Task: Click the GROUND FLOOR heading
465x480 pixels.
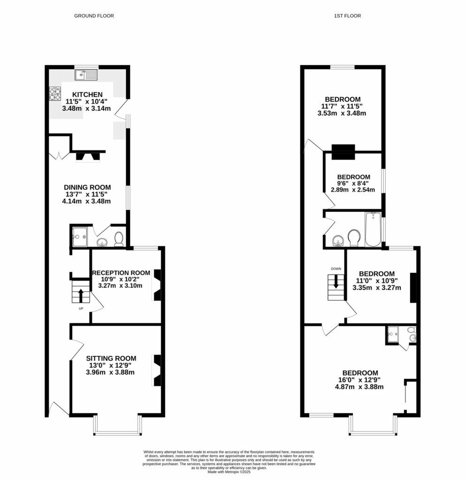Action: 94,16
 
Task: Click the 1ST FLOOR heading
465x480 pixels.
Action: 347,16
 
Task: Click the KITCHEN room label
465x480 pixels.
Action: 87,95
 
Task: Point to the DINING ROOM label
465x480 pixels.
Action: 88,187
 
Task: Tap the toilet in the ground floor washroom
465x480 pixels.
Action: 119,239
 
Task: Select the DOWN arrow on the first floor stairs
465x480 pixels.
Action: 336,282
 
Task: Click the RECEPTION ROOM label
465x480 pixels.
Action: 121,273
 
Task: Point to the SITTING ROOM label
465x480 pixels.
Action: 110,359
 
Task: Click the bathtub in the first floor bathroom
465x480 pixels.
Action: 374,230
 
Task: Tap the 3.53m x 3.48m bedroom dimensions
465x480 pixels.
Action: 343,113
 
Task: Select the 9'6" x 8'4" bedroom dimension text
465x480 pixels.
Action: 350,184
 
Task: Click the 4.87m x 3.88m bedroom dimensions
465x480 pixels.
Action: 359,387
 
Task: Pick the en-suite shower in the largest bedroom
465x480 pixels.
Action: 393,335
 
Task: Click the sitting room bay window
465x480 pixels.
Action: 117,427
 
